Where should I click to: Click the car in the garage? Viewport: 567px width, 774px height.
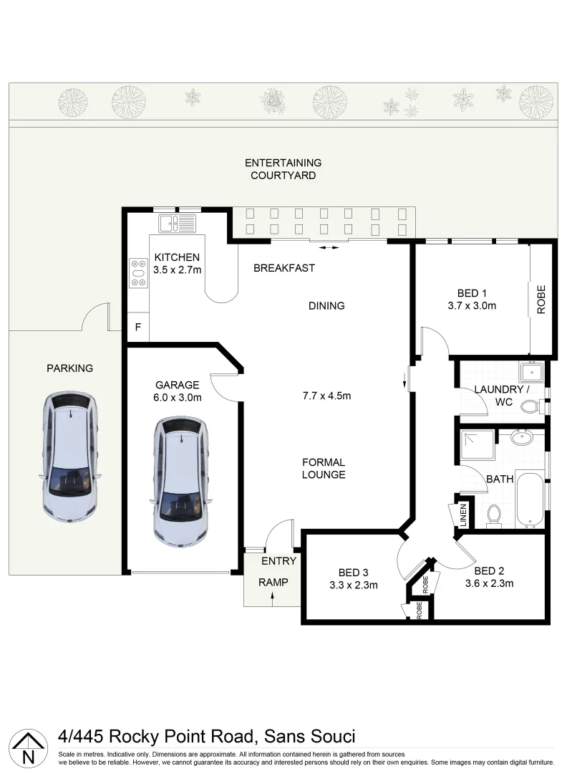tap(182, 482)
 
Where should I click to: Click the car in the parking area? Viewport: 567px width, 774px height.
tap(70, 457)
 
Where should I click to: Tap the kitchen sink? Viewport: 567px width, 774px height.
tap(177, 224)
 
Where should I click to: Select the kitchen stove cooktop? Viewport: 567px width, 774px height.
tap(137, 272)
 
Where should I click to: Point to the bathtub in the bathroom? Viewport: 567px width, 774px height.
tap(530, 498)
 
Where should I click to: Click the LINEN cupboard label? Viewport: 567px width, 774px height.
tap(462, 515)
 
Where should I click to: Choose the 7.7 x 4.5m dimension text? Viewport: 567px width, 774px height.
tap(326, 395)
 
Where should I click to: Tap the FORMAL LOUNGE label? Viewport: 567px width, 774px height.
tap(324, 469)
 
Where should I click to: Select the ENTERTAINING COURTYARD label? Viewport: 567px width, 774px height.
tap(283, 169)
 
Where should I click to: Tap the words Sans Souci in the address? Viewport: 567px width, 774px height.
tap(309, 736)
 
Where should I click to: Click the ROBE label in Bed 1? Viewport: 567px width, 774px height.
tap(541, 301)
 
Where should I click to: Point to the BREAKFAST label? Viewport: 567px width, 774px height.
tap(284, 268)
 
